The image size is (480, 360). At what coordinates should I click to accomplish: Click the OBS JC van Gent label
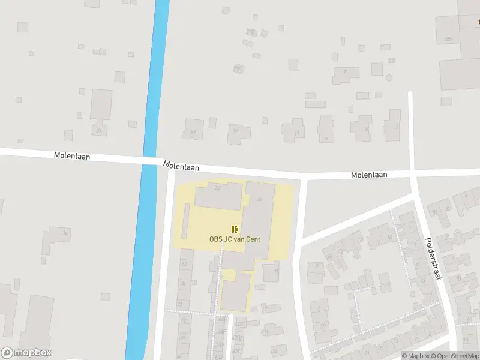pos(235,239)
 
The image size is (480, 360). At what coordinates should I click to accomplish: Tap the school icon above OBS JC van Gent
pos(235,229)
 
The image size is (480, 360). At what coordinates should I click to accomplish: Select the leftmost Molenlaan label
pos(72,155)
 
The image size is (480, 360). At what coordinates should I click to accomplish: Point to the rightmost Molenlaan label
pos(369,175)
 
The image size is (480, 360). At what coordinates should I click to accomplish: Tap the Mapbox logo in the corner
pos(26,353)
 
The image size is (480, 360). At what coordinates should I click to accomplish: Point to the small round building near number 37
pos(389,78)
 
